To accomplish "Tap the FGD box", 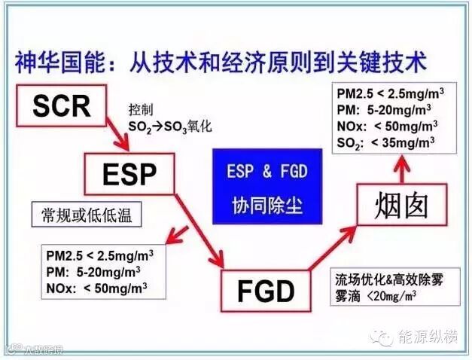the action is tap(266, 290).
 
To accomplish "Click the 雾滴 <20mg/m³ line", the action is tap(376, 295).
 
